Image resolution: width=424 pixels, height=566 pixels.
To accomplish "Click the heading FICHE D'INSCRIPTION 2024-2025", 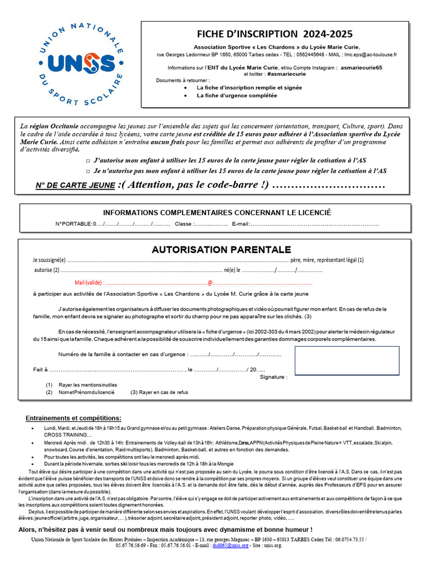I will point(274,34).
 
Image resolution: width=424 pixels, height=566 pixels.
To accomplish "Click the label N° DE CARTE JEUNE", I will point(76,185).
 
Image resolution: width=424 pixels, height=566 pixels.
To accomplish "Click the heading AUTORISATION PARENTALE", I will point(221,250).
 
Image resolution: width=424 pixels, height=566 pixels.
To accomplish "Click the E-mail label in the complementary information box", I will point(241,224).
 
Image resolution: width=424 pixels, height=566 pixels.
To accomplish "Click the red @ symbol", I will point(210,282).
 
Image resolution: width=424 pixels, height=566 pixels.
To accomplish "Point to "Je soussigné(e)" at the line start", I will point(49,260).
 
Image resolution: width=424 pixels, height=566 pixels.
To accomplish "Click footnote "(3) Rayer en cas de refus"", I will point(159,392).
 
